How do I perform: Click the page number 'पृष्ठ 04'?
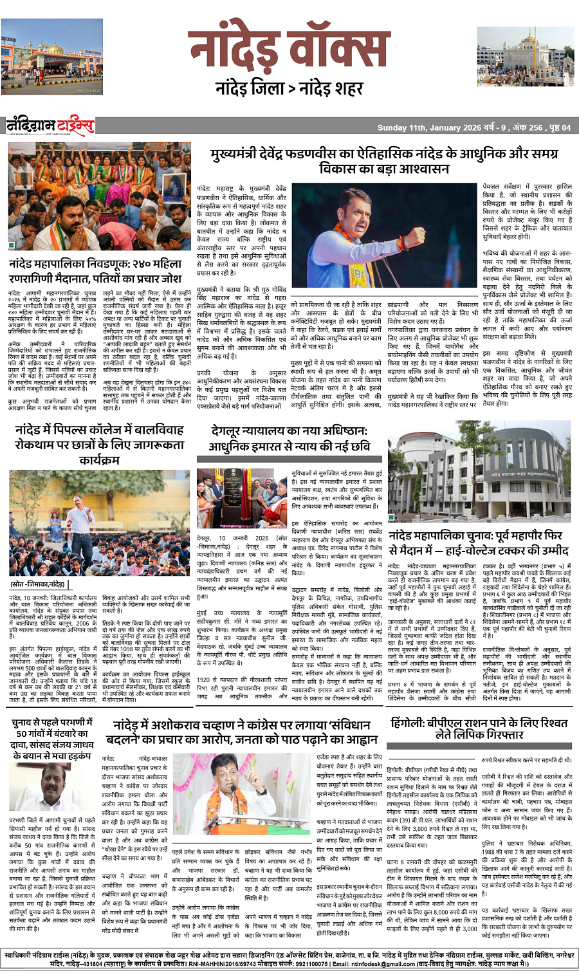560,127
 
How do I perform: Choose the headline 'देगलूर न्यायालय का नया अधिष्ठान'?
289,438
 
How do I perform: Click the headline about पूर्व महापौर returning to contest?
479,543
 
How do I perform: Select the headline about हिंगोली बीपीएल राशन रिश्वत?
479,728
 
